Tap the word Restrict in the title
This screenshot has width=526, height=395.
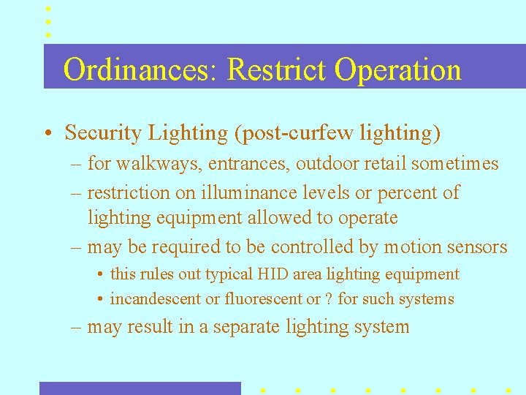pos(278,70)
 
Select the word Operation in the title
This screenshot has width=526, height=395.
pos(398,70)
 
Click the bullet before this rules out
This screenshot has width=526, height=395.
pos(99,275)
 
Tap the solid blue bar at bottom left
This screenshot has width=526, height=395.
pos(140,388)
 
